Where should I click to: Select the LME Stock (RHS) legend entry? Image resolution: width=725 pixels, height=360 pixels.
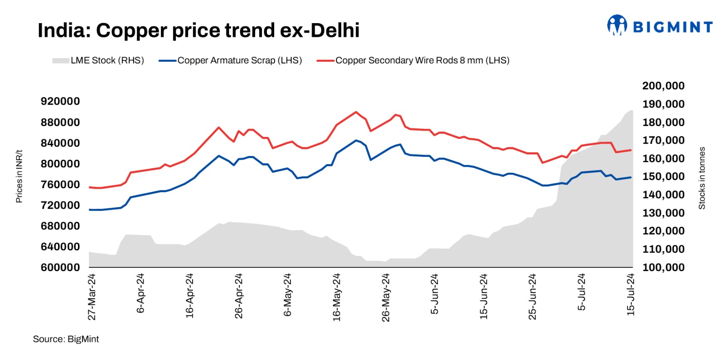tap(98, 60)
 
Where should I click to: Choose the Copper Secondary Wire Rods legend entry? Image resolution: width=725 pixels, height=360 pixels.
tap(413, 60)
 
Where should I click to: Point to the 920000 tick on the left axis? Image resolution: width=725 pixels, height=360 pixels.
tap(60, 101)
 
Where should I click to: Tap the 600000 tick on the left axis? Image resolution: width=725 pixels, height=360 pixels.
tap(60, 268)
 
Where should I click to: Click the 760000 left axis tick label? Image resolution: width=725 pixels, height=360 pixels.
tap(60, 185)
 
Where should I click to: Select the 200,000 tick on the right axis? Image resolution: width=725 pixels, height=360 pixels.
tap(663, 86)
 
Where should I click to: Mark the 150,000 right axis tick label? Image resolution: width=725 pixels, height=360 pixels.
tap(663, 176)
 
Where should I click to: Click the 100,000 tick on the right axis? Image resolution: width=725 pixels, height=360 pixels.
tap(663, 268)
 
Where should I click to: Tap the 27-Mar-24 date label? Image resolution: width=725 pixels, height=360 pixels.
tap(92, 297)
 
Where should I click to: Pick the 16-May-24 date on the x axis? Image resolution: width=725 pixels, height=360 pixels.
tap(337, 297)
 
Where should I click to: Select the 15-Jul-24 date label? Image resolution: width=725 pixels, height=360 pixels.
tap(630, 295)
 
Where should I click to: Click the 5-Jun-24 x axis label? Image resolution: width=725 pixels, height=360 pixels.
tap(435, 294)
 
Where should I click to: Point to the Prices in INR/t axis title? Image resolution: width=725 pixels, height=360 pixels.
tap(19, 176)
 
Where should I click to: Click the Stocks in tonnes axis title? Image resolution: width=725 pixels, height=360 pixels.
tap(702, 178)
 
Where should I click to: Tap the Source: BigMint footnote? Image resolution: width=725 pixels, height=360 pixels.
tap(66, 339)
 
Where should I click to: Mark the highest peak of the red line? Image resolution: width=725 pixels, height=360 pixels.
tap(356, 112)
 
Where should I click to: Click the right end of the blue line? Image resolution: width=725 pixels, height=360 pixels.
tap(631, 177)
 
